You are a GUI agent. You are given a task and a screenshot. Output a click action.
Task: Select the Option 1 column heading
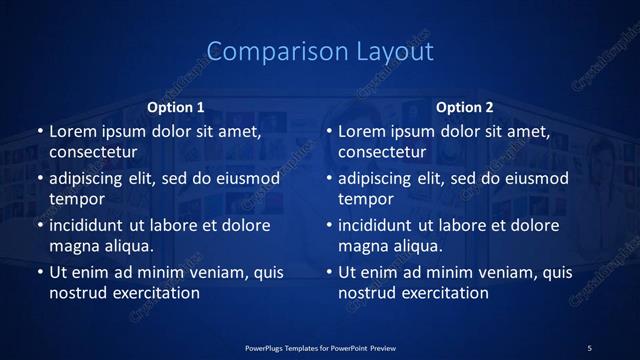click(x=176, y=107)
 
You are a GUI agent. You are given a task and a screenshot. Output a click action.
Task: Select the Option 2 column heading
click(x=465, y=107)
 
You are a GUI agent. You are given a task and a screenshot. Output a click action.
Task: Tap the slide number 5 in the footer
click(x=589, y=348)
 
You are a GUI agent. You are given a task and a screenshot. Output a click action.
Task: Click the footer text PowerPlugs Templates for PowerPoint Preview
click(x=319, y=348)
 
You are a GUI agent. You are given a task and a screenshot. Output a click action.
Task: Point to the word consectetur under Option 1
click(x=92, y=152)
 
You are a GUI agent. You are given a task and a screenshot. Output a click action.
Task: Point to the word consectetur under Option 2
click(x=381, y=152)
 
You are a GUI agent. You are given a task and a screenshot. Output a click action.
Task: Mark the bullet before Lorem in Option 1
click(x=40, y=131)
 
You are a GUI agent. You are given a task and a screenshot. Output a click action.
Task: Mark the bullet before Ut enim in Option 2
click(x=329, y=272)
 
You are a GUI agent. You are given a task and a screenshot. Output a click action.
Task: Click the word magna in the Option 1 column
click(x=72, y=246)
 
